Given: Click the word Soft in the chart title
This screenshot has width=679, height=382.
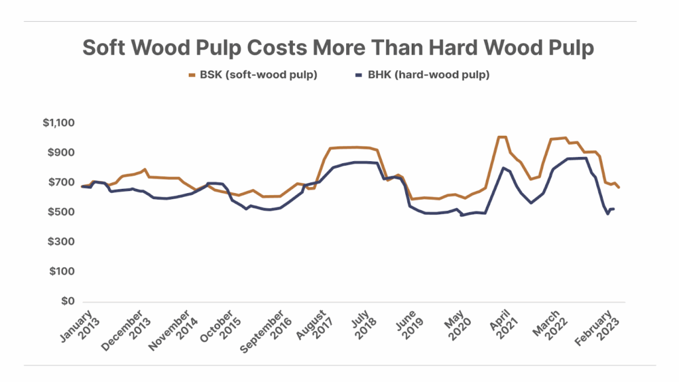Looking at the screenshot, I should pyautogui.click(x=108, y=48).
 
